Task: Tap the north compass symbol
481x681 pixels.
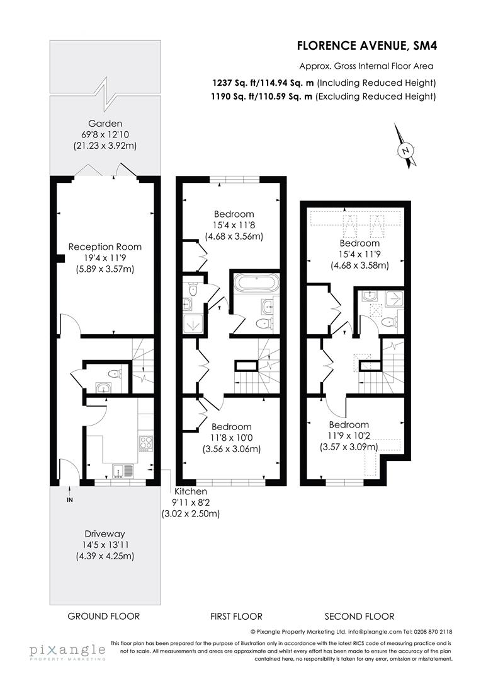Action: (406, 149)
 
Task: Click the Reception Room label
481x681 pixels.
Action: (105, 247)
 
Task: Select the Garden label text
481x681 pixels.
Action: (105, 124)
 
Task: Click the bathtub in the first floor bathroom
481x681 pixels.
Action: (256, 282)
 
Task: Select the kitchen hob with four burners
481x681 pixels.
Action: (146, 443)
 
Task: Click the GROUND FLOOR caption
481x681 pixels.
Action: (104, 616)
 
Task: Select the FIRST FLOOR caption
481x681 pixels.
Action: (236, 616)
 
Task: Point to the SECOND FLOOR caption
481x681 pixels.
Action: (359, 616)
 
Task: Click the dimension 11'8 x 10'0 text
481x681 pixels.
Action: (231, 438)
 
